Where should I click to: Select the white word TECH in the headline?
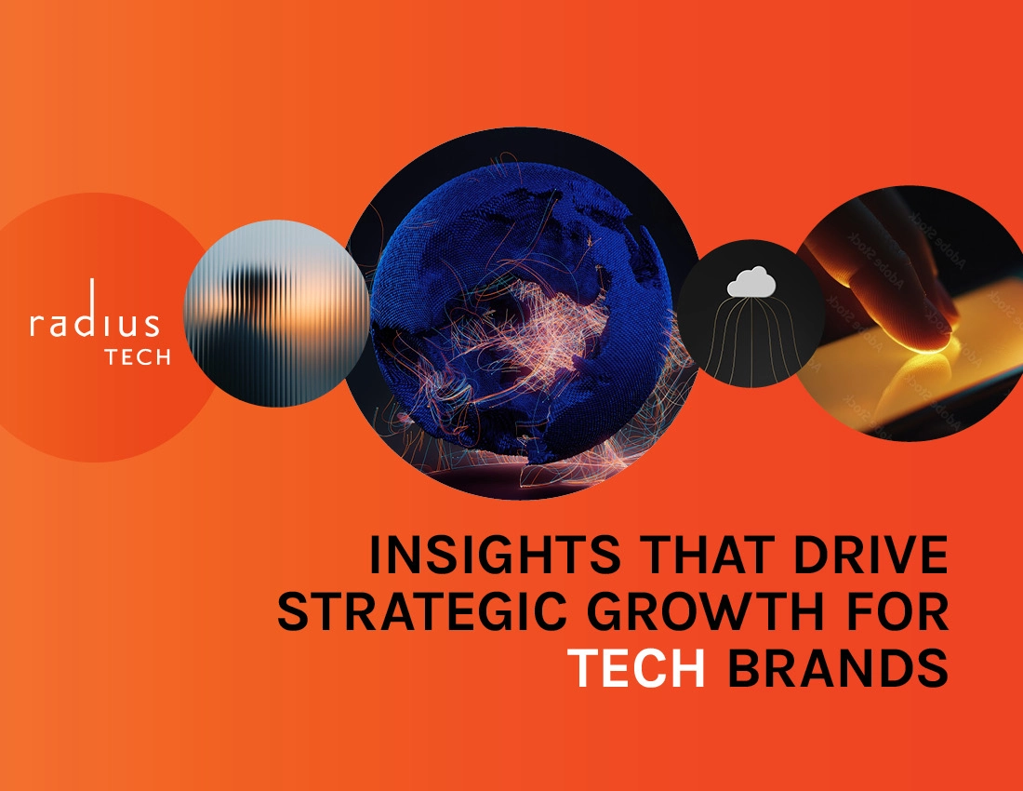[x=636, y=667]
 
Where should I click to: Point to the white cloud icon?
[x=751, y=281]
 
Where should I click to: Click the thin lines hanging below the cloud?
[x=751, y=335]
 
